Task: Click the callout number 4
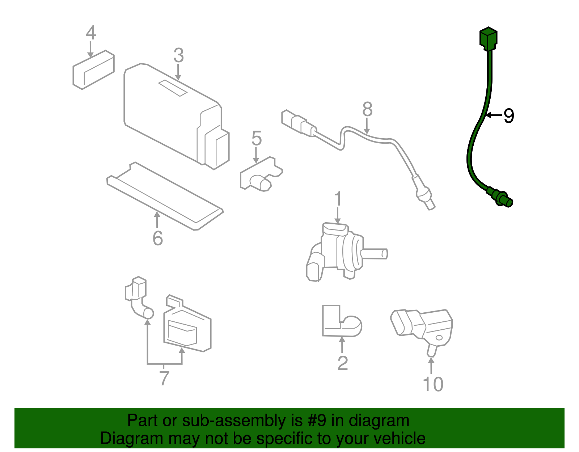tap(91, 33)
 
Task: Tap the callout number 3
tap(178, 56)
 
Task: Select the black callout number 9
tap(508, 116)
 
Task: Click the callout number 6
tap(157, 238)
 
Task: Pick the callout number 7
tap(164, 378)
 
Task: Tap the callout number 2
tap(342, 363)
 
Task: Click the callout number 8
tap(367, 109)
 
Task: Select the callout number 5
tap(256, 139)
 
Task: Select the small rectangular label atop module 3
tap(173, 88)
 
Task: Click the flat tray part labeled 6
tap(165, 195)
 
